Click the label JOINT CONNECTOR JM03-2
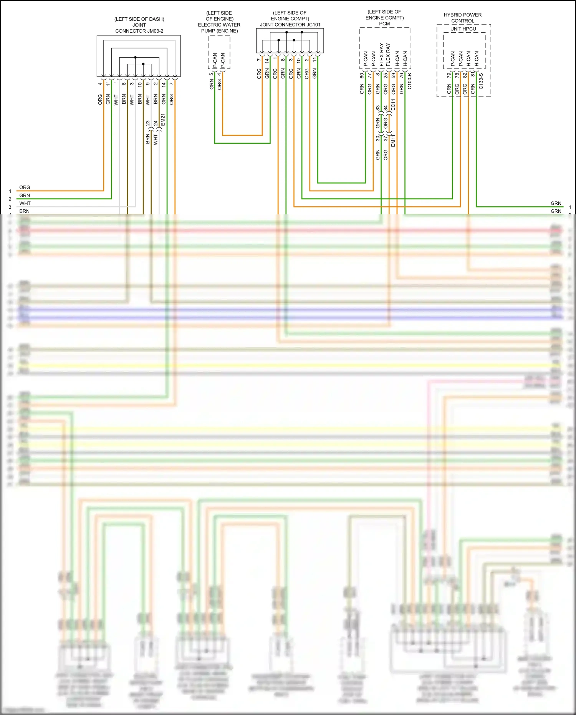coord(139,28)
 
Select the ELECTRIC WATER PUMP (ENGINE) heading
coord(219,28)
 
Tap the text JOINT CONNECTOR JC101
coord(290,25)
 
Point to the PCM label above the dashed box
coord(384,24)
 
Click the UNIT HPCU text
coord(463,29)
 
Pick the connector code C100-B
coord(409,81)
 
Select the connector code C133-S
coord(481,81)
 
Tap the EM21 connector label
coord(163,119)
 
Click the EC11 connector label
coord(393,105)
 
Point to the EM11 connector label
coord(393,141)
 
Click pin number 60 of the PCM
coord(362,76)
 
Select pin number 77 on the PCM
coord(369,76)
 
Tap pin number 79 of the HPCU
coord(449,76)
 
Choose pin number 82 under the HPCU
coord(465,76)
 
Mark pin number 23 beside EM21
coord(148,123)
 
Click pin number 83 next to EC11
coord(377,108)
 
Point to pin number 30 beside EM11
coord(377,138)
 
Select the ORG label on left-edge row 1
coord(25,187)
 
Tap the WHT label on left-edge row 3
coord(25,203)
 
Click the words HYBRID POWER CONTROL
coord(463,18)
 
